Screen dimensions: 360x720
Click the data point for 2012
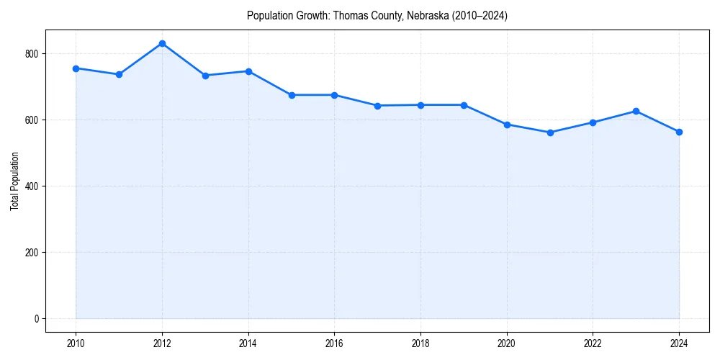coord(162,43)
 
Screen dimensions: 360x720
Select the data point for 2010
coord(76,68)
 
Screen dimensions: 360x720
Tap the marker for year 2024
coord(679,132)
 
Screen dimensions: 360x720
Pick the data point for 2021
coord(550,132)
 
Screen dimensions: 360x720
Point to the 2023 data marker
coord(636,111)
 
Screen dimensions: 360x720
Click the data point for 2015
coord(292,95)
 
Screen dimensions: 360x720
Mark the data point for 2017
coord(377,106)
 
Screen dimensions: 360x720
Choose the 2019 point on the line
coord(464,105)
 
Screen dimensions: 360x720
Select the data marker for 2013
coord(205,76)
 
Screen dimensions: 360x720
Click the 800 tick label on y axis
coord(32,54)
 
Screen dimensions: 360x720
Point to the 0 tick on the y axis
coord(36,319)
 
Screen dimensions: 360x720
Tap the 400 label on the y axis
coord(32,186)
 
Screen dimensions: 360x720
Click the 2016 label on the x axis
coord(334,343)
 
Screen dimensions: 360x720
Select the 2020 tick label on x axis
coord(507,343)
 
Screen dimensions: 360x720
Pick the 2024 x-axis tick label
coord(679,343)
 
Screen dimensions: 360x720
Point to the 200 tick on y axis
coord(32,253)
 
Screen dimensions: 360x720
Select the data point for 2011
coord(119,74)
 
